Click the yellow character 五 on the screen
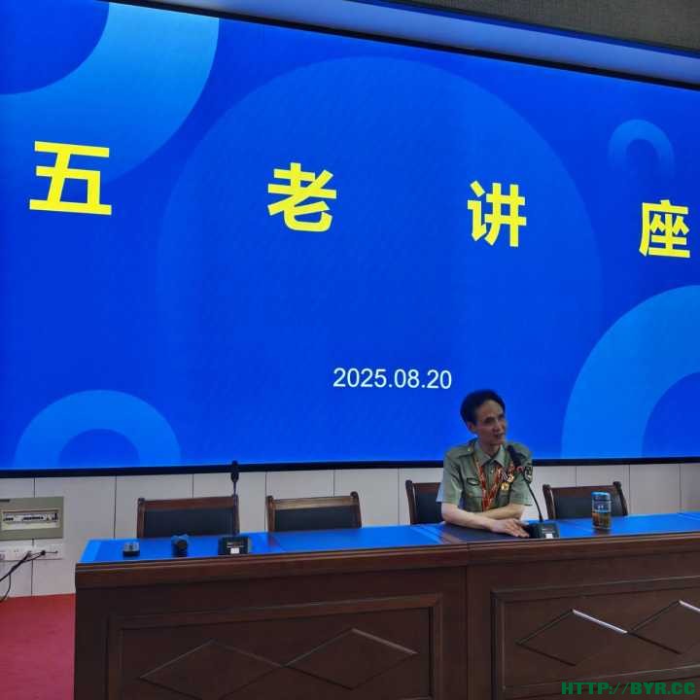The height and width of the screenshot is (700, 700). point(71,178)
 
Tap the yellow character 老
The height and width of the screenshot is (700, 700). point(301,196)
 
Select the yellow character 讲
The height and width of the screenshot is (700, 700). point(497,214)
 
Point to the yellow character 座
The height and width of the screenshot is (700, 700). point(665,228)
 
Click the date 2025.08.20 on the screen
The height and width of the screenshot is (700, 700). point(392,378)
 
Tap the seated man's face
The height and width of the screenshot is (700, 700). point(490,424)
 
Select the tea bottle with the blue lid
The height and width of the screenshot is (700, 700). point(601,510)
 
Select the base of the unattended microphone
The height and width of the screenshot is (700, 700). point(234,545)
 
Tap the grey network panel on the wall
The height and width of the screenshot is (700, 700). point(31,518)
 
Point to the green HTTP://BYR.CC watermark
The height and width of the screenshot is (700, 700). point(629,688)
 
